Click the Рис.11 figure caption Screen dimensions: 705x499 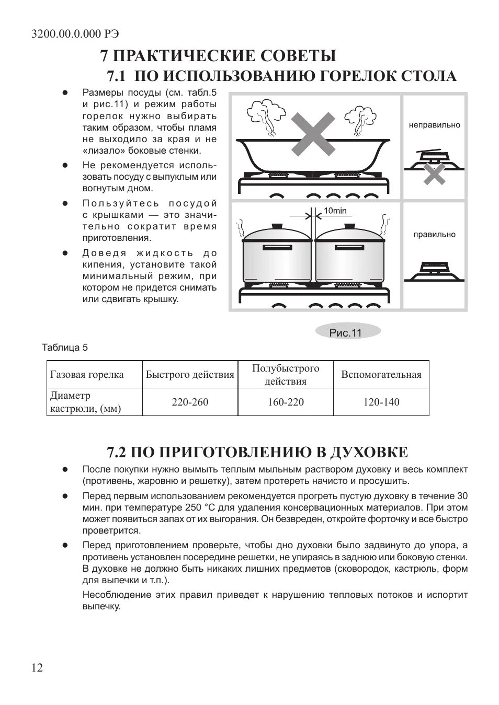pos(346,333)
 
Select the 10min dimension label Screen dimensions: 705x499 pos(335,211)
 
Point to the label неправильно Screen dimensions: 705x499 pos(434,125)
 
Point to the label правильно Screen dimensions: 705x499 pos(434,235)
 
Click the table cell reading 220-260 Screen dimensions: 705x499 pos(190,402)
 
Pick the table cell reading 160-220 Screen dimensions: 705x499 pos(286,402)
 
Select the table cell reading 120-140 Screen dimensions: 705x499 pos(381,402)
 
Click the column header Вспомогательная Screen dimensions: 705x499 pos(381,374)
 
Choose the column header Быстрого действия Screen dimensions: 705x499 pos(190,374)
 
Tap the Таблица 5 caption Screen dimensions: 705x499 pos(65,348)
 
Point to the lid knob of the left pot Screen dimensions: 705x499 pos(276,226)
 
